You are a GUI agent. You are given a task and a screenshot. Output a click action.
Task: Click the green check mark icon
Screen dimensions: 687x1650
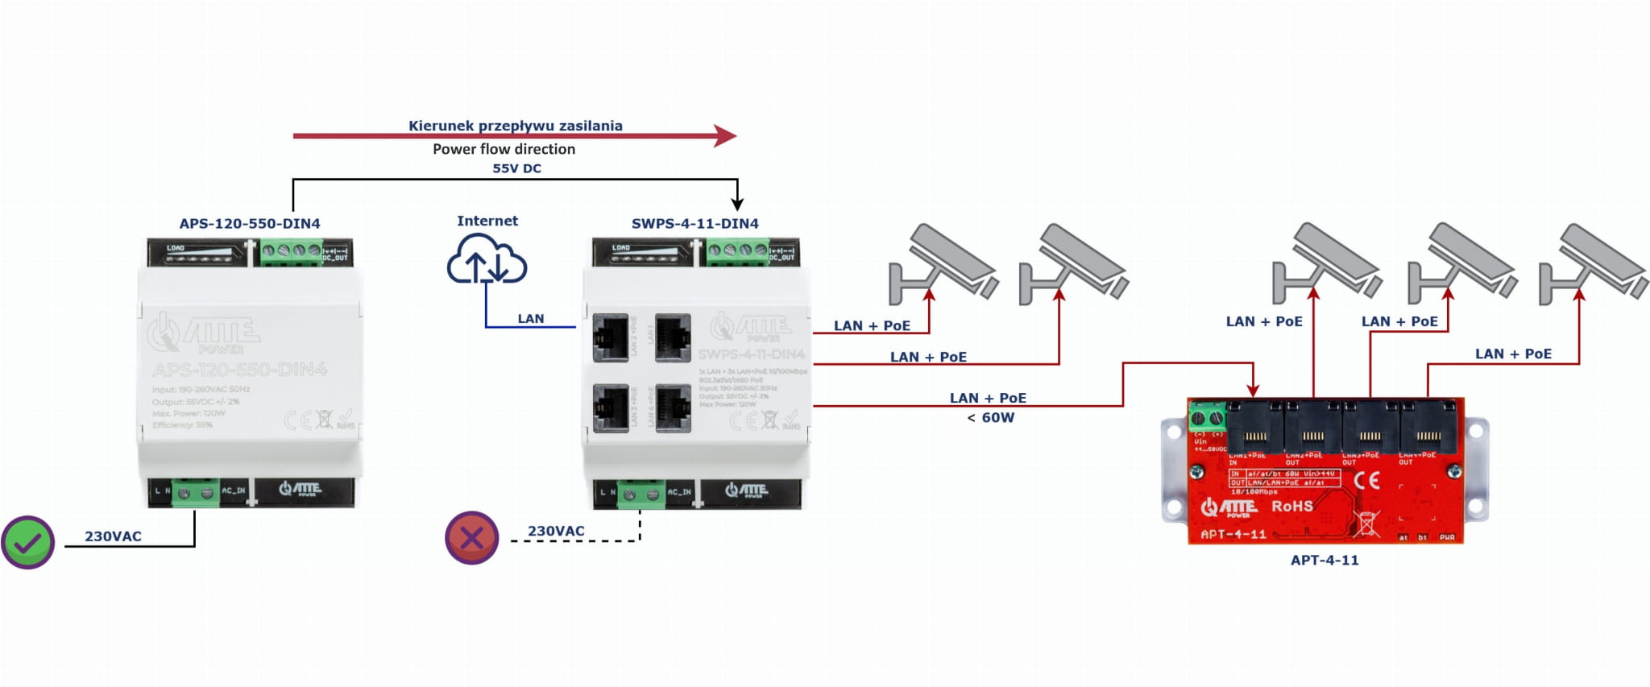[x=27, y=543]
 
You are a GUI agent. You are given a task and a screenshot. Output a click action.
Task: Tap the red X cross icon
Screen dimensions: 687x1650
[x=472, y=538]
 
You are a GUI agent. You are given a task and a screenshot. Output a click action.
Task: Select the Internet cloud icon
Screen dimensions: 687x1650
[x=487, y=259]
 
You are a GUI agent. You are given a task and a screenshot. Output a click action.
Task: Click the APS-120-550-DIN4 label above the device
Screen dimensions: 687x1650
[x=250, y=224]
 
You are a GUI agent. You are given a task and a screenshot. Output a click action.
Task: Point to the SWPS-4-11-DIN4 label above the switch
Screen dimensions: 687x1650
[x=694, y=224]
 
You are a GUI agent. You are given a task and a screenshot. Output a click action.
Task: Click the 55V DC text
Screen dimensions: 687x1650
[x=516, y=168]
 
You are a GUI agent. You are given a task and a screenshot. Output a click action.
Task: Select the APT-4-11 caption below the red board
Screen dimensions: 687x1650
[x=1325, y=560]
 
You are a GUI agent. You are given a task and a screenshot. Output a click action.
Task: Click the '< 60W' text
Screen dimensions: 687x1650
[x=990, y=417]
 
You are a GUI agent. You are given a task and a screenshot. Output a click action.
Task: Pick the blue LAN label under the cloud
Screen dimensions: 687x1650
[x=530, y=319]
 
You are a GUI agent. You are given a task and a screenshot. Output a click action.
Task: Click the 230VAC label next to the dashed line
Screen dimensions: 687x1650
[x=556, y=531]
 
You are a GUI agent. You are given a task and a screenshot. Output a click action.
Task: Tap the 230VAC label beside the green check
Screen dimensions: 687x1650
[x=113, y=536]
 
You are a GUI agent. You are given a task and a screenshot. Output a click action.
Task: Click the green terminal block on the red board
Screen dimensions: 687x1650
[x=1206, y=417]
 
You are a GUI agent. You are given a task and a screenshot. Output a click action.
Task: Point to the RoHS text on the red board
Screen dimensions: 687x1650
[x=1291, y=506]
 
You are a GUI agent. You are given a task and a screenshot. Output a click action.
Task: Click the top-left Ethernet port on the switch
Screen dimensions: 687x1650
[x=611, y=337]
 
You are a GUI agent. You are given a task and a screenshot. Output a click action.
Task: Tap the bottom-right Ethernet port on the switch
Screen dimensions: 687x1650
[x=673, y=408]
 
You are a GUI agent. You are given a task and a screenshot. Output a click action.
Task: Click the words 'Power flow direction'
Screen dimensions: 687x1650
[x=504, y=149]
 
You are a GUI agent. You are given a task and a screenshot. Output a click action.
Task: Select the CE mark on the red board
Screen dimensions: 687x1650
[x=1366, y=481]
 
